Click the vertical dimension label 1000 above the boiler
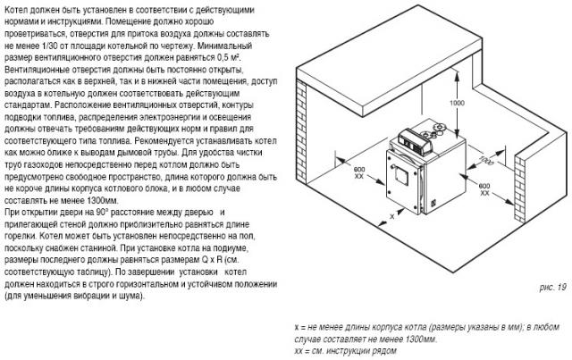457,104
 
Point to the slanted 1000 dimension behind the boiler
484,162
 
